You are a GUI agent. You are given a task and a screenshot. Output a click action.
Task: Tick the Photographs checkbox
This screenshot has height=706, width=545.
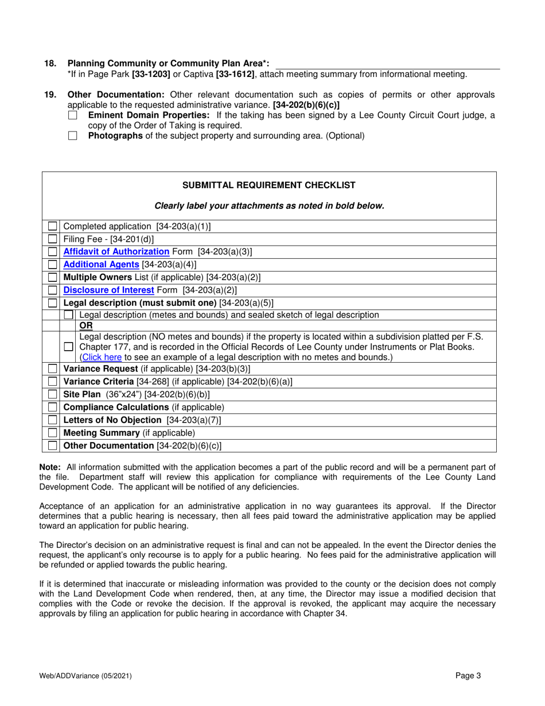tap(72, 136)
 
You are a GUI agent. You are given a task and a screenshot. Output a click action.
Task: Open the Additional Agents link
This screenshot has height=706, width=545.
tap(101, 264)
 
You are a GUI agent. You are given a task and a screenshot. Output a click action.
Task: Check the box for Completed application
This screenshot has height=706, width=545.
tap(52, 226)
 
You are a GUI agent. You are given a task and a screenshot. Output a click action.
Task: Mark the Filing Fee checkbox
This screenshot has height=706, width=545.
tap(52, 239)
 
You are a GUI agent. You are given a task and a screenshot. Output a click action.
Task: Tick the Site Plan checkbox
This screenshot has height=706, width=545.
tap(52, 394)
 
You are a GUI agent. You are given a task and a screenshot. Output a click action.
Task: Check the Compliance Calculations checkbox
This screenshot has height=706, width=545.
tap(52, 407)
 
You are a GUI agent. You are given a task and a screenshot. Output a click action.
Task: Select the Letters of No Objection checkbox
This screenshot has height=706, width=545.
tap(52, 420)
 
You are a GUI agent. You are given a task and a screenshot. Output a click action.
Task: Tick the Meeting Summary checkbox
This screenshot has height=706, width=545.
tap(52, 433)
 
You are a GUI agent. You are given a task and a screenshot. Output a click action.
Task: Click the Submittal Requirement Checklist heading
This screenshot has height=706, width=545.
tap(268, 185)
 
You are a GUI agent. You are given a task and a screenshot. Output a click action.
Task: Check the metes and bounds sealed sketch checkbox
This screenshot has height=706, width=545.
tap(68, 315)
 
